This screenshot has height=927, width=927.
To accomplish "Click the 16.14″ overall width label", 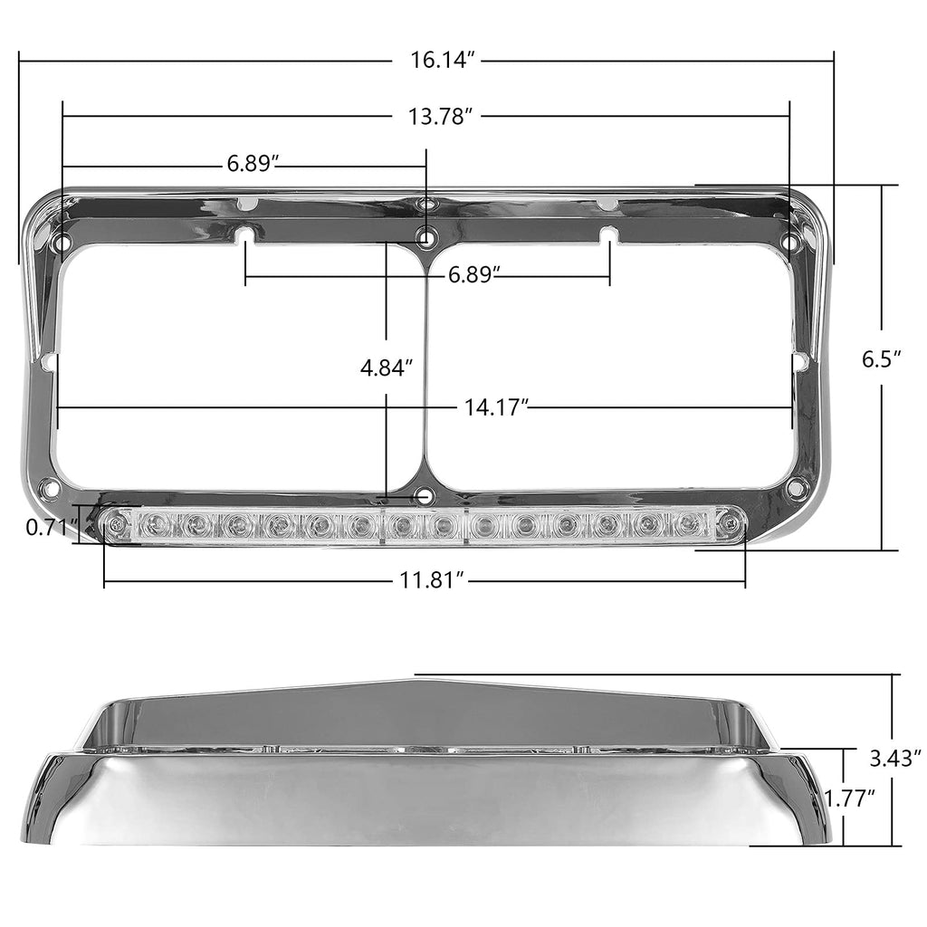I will coord(443,61).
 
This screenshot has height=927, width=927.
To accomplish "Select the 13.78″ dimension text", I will coord(443,116).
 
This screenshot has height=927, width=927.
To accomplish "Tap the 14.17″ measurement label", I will coord(496,407).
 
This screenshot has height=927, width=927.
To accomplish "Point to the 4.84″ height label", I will coord(387,368).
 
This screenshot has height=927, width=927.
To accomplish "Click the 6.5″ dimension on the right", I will coord(881,358).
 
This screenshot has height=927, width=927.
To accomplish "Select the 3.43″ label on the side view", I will coord(894,754).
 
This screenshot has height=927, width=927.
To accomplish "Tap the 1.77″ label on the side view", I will coord(849,798).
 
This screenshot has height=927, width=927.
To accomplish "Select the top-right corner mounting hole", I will coord(790,243).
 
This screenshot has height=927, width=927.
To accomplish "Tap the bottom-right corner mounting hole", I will coord(796,489).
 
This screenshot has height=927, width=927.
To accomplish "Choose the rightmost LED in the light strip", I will coord(691,522).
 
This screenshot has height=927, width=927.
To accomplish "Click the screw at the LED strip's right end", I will coord(729,523).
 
